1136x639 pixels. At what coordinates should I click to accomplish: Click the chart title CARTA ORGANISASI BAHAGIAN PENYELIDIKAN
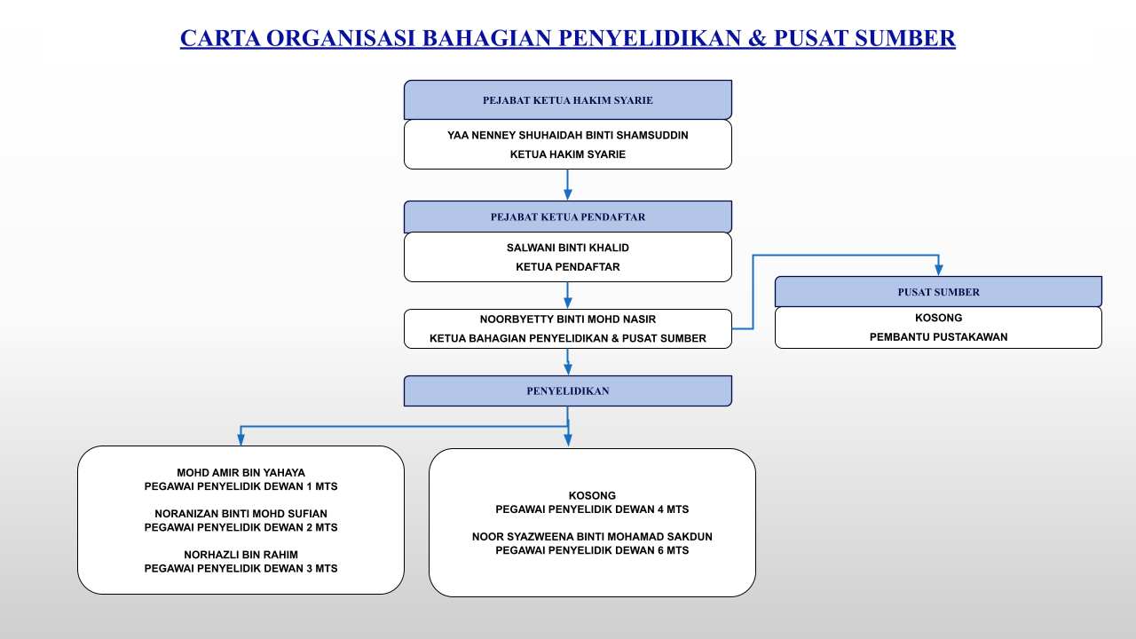[x=568, y=38]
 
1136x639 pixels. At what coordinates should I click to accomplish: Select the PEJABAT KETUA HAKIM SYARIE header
[x=568, y=100]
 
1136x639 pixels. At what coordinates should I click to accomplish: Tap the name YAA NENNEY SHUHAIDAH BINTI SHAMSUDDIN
[x=568, y=136]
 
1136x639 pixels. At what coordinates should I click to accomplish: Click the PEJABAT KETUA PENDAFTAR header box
[x=568, y=217]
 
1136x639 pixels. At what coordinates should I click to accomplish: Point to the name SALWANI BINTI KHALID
[x=568, y=248]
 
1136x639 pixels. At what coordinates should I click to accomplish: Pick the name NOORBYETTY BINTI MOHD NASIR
[x=568, y=319]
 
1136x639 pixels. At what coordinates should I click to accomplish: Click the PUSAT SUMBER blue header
[x=938, y=292]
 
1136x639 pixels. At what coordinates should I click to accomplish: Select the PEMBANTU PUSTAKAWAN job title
[x=938, y=336]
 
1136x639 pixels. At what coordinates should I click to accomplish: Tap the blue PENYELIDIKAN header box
[x=568, y=390]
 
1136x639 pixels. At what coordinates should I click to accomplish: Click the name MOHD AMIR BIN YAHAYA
[x=241, y=473]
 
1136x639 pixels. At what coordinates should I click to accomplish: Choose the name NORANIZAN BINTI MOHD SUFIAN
[x=241, y=514]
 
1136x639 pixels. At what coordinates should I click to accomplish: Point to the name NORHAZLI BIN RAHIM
[x=241, y=555]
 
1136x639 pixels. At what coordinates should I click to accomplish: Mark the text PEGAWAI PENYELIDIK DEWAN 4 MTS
[x=592, y=509]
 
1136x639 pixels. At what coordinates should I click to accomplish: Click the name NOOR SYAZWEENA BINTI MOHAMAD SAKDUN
[x=592, y=537]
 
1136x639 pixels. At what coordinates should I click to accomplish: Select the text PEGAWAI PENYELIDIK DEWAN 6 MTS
[x=592, y=550]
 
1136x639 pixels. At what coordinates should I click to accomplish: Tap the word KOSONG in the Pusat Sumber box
[x=938, y=318]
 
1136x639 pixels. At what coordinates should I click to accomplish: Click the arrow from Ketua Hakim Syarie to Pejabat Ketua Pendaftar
[x=568, y=185]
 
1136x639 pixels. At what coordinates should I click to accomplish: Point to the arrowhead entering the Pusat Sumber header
[x=938, y=270]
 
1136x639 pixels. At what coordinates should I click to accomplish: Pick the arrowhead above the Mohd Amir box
[x=241, y=439]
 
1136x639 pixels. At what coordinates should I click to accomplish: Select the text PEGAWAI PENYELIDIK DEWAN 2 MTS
[x=241, y=527]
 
